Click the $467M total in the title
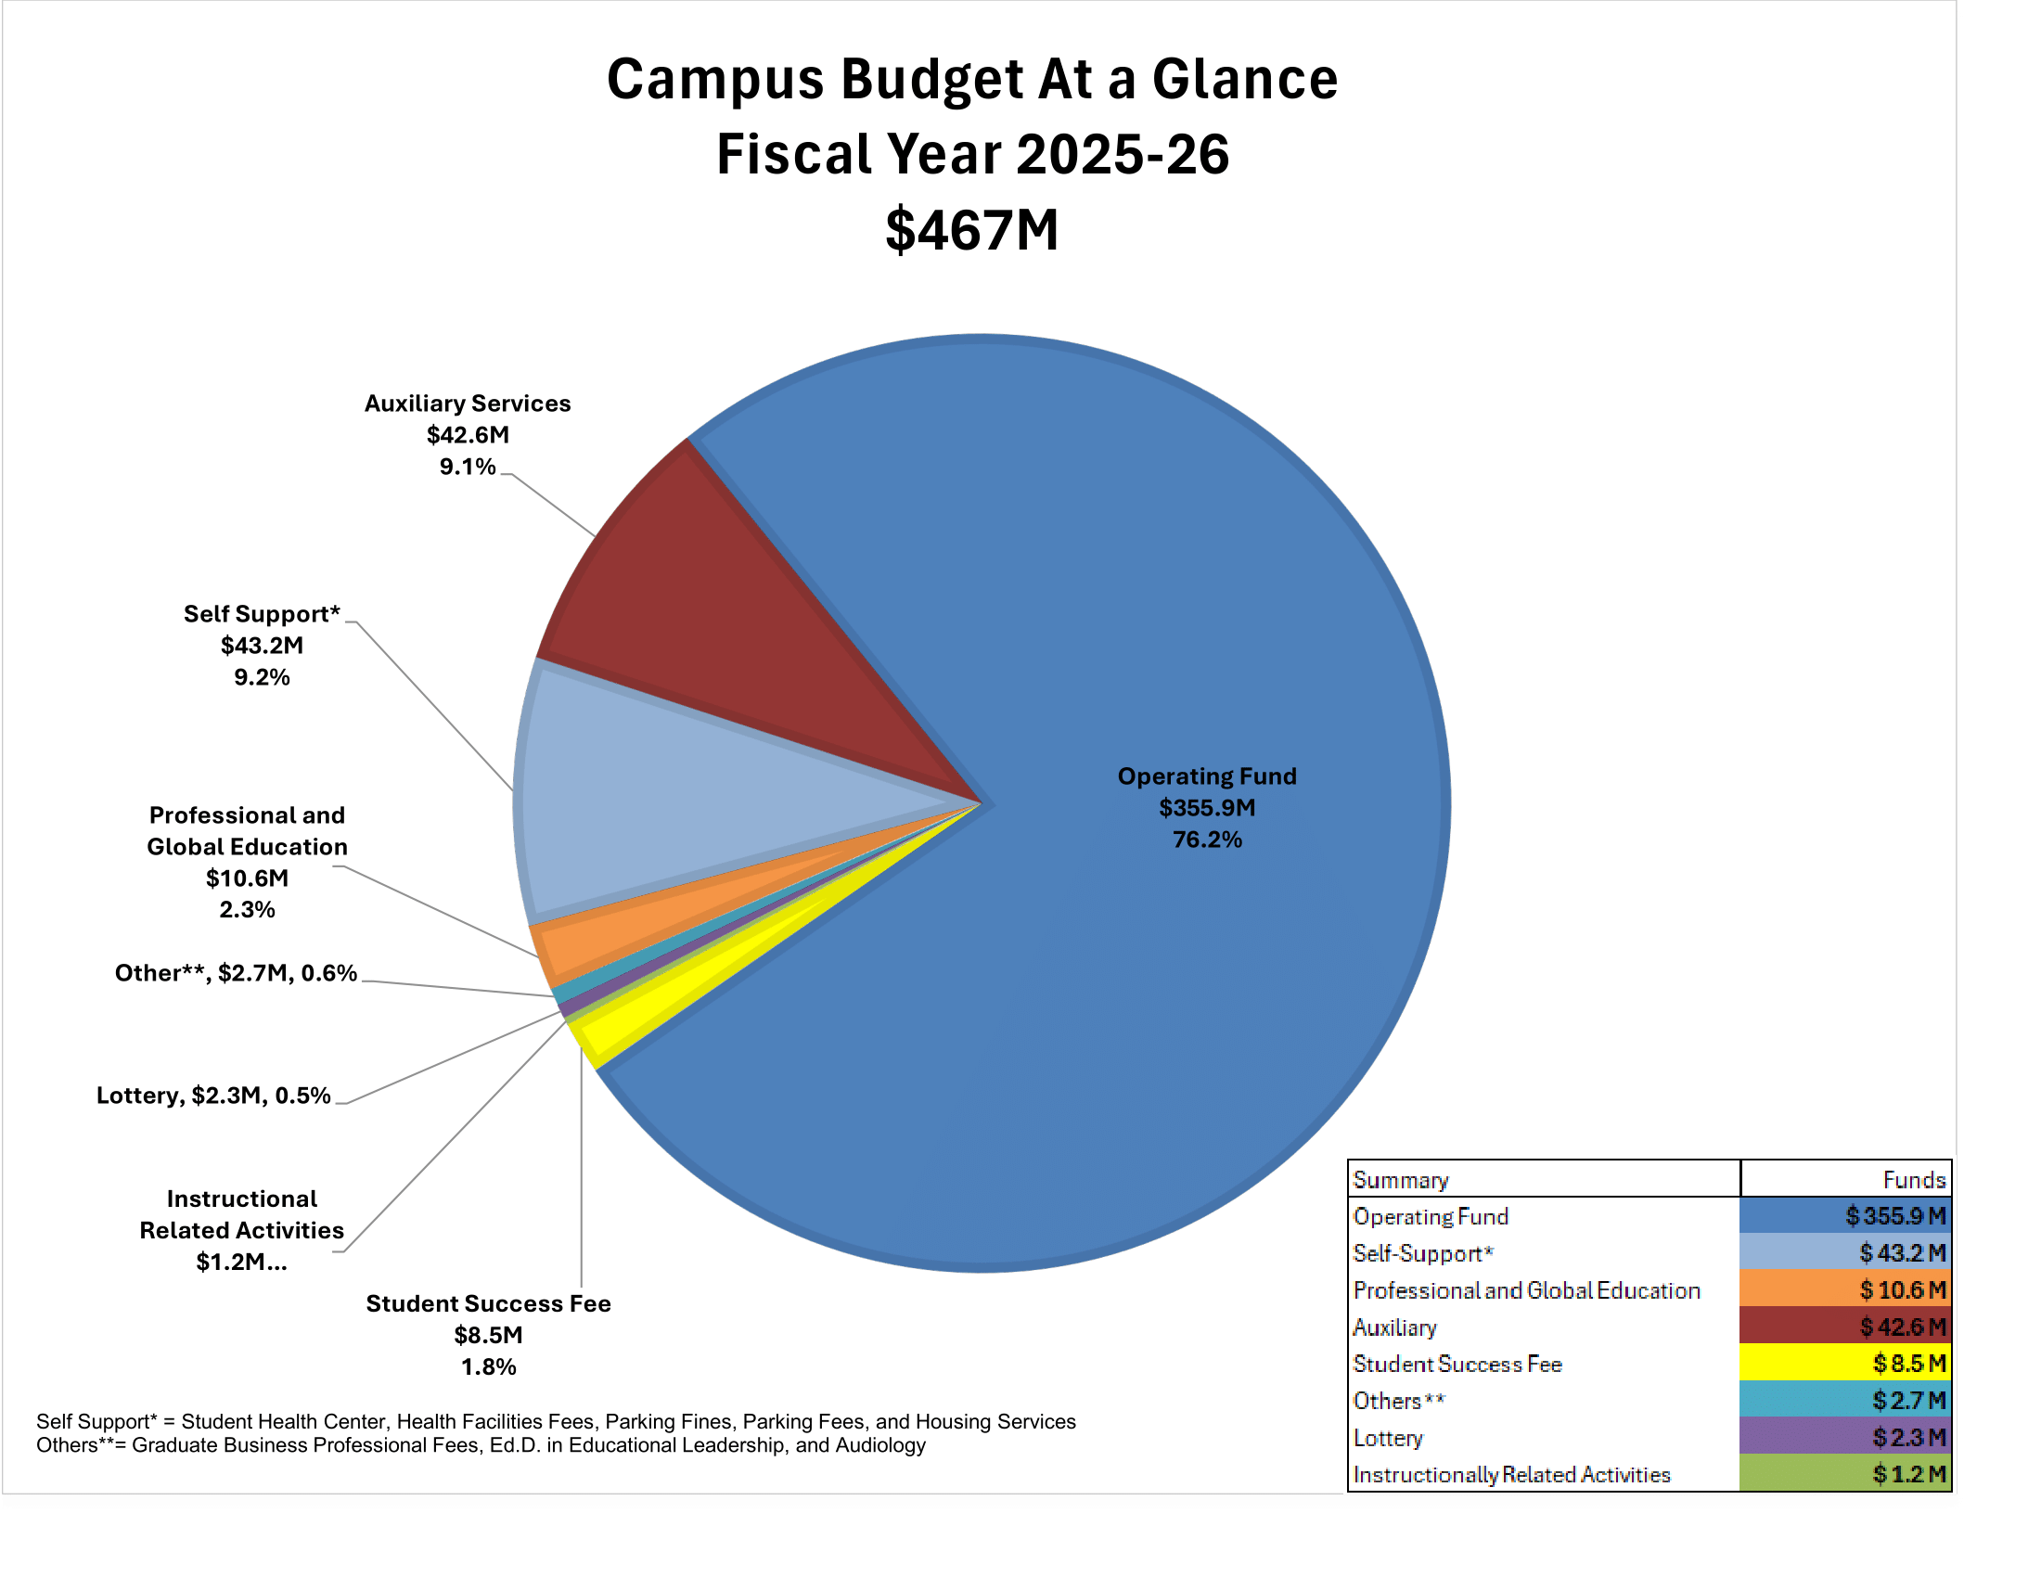[972, 230]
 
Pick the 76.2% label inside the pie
[1207, 840]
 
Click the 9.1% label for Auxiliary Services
[468, 467]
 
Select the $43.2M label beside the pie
[262, 646]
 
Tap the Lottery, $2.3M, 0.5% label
[213, 1095]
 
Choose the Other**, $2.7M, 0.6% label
[236, 973]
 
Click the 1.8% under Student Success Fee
[488, 1366]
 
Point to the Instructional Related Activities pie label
[241, 1229]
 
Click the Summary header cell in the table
[1400, 1180]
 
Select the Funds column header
[1913, 1180]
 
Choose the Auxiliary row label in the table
[1394, 1327]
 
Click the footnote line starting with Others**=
[481, 1445]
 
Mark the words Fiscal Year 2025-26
[972, 154]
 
